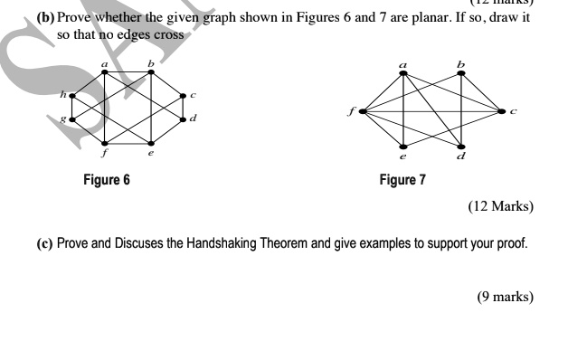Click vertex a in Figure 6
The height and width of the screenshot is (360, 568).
(x=105, y=72)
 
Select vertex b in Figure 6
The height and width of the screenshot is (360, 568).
(x=150, y=72)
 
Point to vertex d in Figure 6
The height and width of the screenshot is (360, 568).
(x=183, y=118)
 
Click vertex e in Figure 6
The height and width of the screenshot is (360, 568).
(x=150, y=143)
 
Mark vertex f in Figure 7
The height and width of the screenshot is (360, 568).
(x=361, y=111)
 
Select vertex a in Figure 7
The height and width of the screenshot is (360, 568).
(x=403, y=72)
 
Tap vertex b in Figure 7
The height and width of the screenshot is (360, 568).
(x=461, y=72)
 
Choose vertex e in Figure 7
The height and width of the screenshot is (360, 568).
(x=403, y=147)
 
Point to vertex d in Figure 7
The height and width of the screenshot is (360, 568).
(x=461, y=147)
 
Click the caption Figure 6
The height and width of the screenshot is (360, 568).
(x=106, y=180)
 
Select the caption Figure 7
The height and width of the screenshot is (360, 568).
(x=402, y=180)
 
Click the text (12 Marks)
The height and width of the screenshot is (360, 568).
(x=500, y=206)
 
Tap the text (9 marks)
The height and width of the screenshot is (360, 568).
(x=505, y=297)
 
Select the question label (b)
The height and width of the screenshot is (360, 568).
(x=45, y=17)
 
